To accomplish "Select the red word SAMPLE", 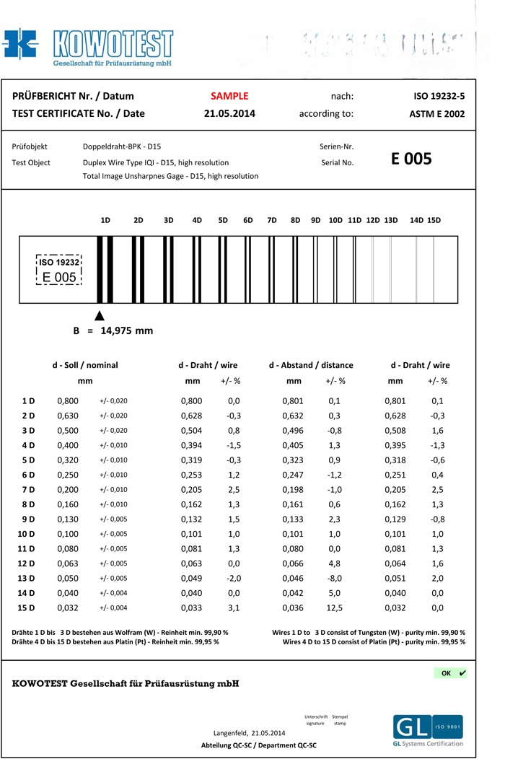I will (x=229, y=96).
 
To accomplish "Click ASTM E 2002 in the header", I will (x=436, y=114).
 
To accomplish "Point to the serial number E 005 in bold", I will (x=411, y=159).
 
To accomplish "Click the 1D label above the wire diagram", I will (x=105, y=220).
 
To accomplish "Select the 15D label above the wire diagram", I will (x=434, y=220).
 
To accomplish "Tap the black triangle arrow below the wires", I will (x=100, y=315).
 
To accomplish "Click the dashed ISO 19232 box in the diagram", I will (x=59, y=270).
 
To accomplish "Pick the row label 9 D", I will (x=28, y=519).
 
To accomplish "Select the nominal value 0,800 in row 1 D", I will (x=68, y=400).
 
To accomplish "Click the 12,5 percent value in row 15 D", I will (x=335, y=608).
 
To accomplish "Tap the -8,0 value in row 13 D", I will (x=335, y=579).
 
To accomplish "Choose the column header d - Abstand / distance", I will (x=311, y=365).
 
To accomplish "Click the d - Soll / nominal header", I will (x=84, y=365).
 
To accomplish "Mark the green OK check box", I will (x=450, y=673).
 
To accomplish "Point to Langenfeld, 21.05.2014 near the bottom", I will (x=250, y=733).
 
